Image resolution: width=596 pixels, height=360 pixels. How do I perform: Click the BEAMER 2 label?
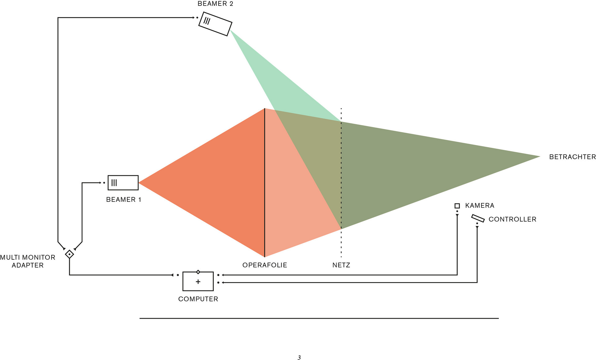(215, 4)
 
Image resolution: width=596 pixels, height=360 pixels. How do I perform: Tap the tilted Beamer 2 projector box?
(215, 24)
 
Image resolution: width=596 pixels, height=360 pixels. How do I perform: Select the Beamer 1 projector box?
(123, 182)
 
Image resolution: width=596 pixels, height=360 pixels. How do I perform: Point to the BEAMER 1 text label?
(124, 200)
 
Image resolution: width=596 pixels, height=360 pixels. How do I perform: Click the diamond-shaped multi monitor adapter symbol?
(69, 254)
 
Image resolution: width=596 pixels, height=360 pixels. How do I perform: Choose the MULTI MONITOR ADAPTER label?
(28, 261)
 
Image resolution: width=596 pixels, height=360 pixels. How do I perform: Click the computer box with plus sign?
(198, 281)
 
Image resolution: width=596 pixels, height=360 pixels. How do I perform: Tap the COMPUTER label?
(198, 299)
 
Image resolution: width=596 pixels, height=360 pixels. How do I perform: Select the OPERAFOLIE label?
(264, 265)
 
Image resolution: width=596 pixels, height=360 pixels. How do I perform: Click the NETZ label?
(341, 265)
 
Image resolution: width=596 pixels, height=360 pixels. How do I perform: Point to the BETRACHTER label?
(572, 157)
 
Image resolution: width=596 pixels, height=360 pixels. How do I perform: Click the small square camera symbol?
(457, 206)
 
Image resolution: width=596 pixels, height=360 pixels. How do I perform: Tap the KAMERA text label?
(480, 205)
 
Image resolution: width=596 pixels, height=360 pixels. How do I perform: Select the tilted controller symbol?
(478, 218)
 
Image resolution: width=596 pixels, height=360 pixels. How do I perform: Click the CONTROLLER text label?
(512, 219)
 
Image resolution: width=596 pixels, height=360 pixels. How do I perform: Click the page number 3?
(299, 358)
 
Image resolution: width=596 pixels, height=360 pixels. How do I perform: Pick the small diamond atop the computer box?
(198, 272)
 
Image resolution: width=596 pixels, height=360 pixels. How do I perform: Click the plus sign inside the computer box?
(198, 282)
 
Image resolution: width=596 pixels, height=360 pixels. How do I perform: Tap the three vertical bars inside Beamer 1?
(114, 182)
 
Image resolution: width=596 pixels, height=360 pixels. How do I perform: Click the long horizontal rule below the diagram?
(319, 318)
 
